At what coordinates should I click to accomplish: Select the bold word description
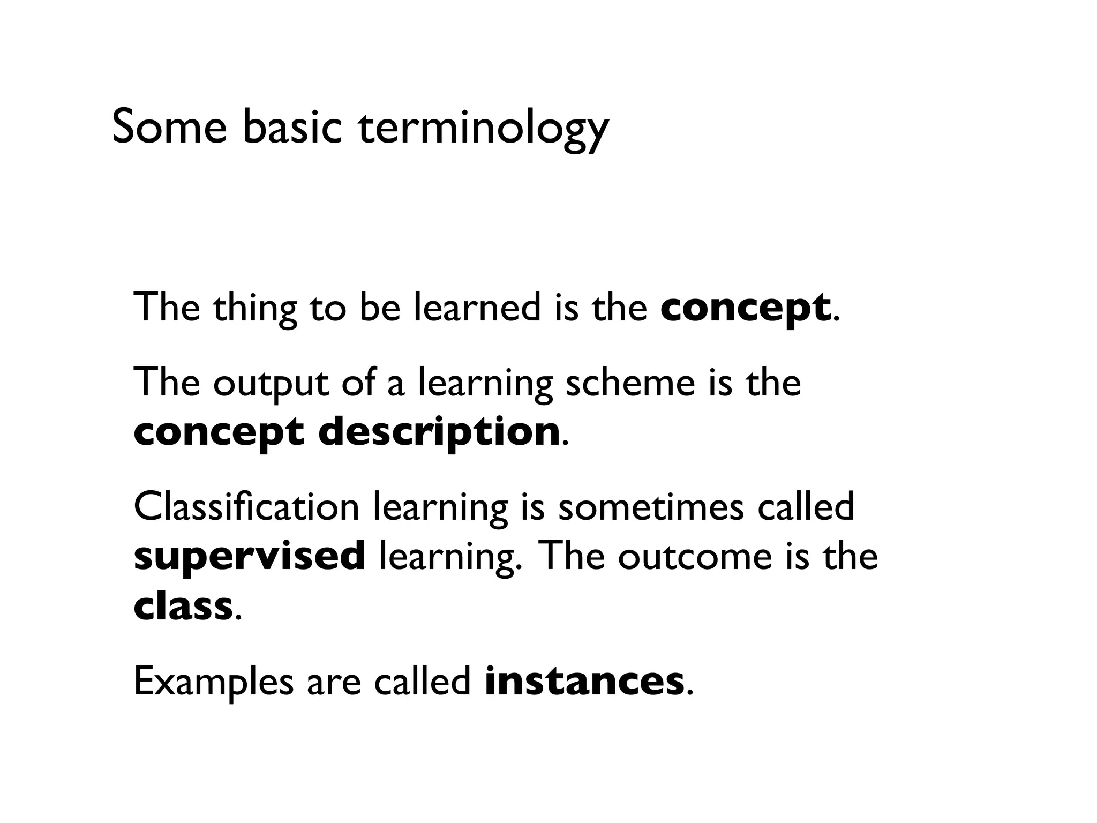coord(439,432)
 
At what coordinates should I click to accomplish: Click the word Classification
coord(246,507)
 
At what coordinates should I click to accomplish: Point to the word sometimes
coord(651,507)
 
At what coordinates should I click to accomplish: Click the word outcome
coord(695,556)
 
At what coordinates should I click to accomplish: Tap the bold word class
coord(183,606)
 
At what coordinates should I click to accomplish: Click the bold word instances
coord(584,681)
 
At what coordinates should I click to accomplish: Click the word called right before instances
coord(422,681)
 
